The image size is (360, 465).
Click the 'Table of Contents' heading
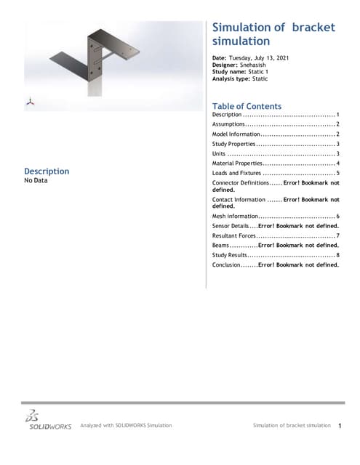pyautogui.click(x=246, y=106)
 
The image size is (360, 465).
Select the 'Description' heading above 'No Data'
pyautogui.click(x=47, y=171)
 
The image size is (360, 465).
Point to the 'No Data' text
pyautogui.click(x=36, y=181)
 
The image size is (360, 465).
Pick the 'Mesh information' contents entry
pyautogui.click(x=235, y=217)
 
